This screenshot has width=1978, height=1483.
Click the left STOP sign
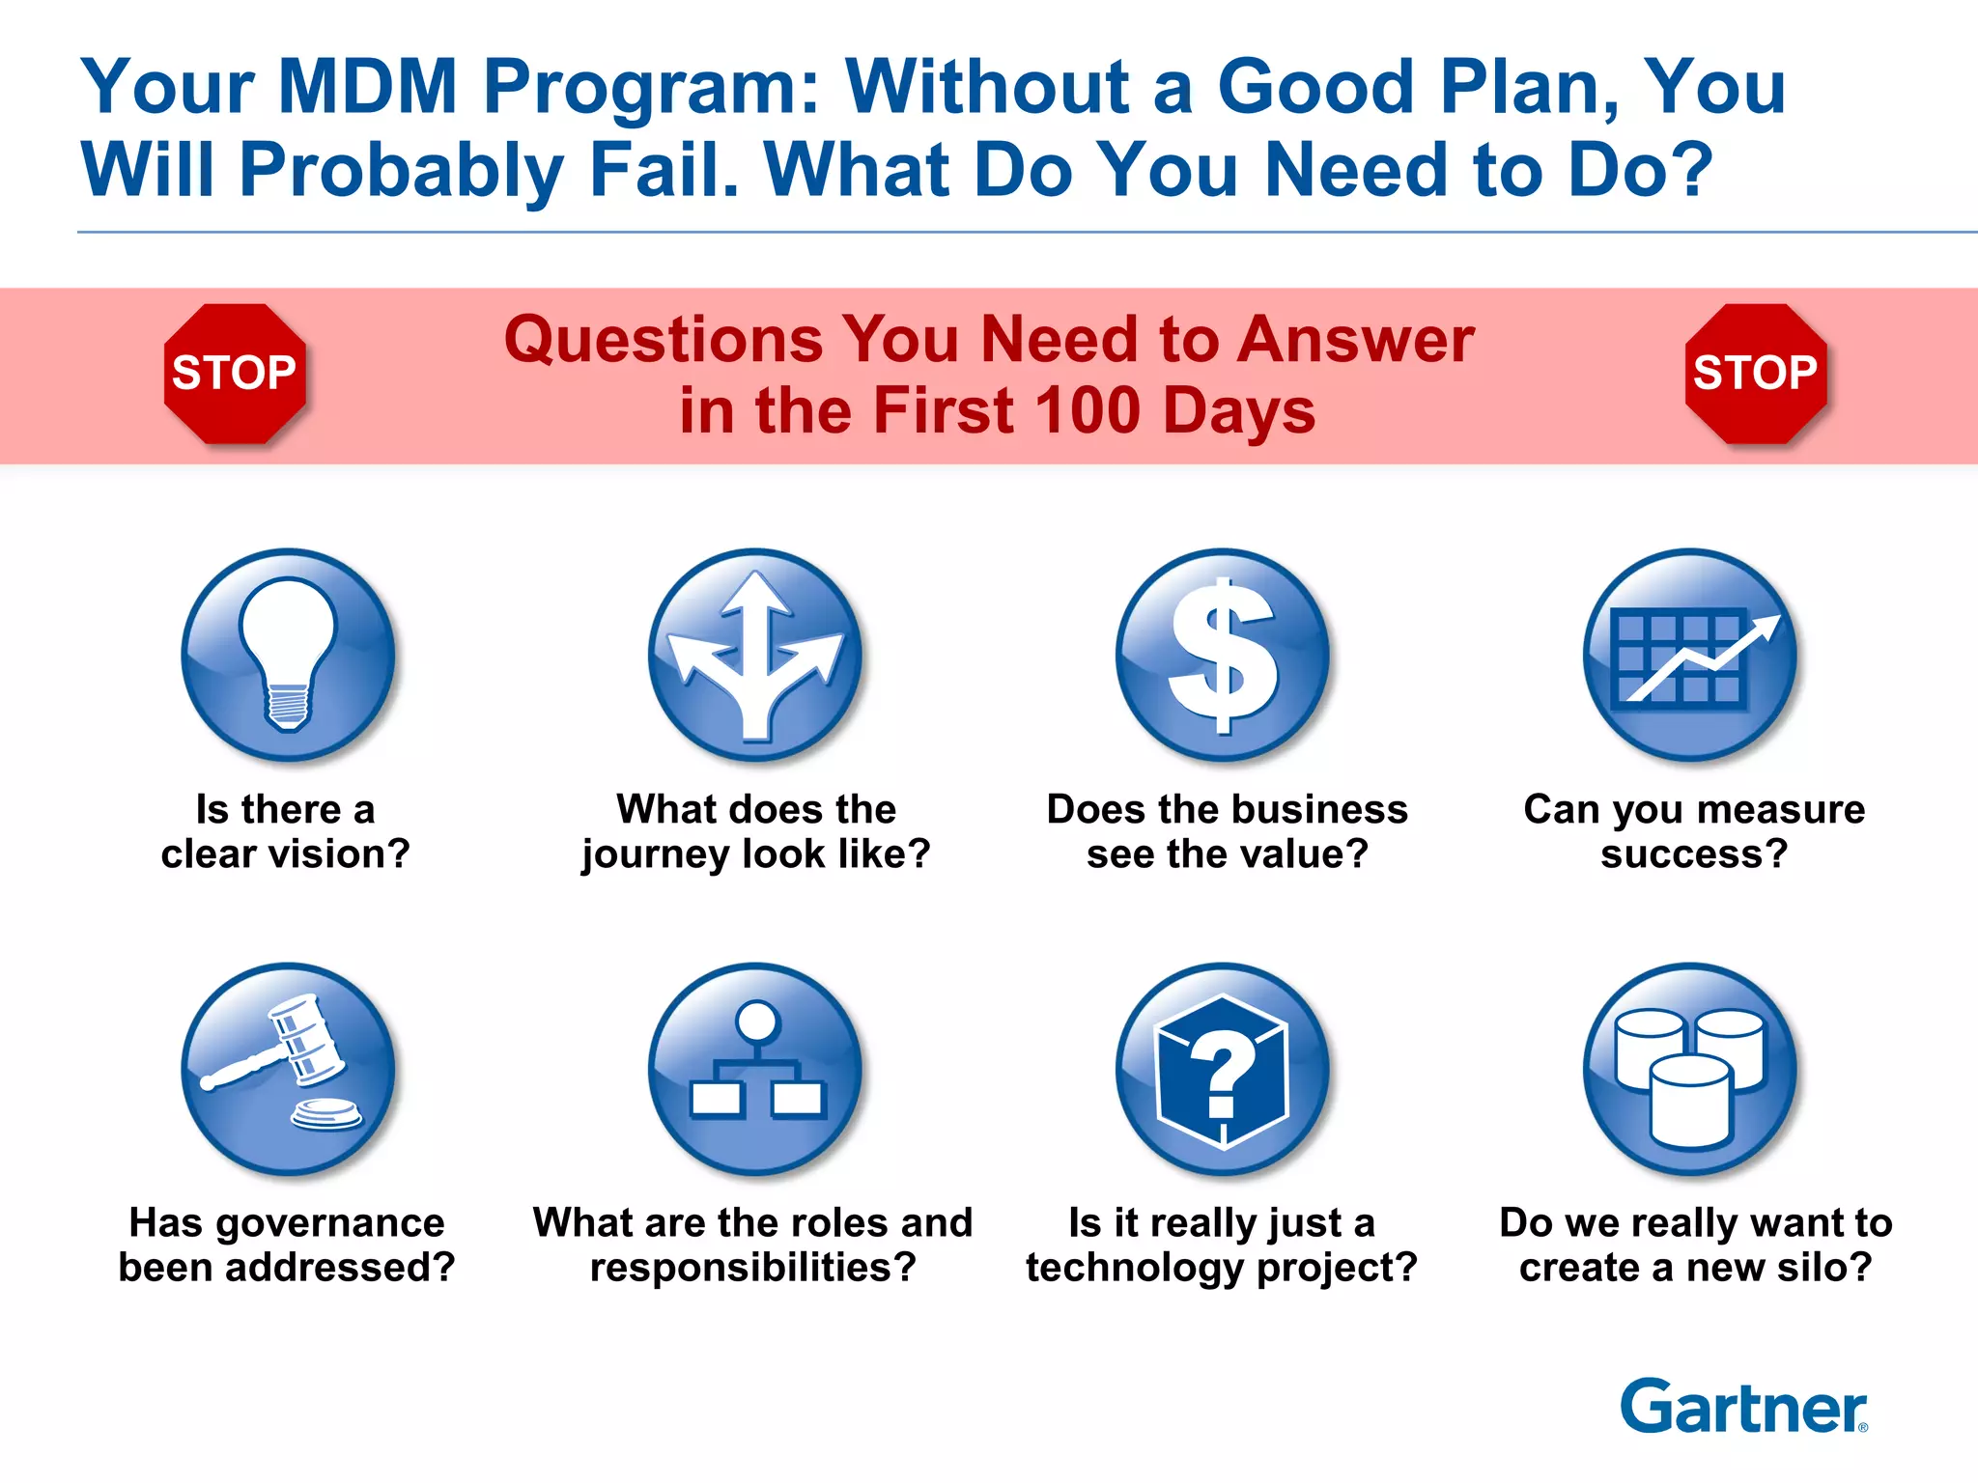[235, 374]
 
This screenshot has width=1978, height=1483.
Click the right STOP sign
[1755, 374]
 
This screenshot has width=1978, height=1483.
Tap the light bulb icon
[288, 656]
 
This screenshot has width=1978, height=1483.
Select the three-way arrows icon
[755, 656]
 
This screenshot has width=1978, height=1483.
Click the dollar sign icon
[1223, 656]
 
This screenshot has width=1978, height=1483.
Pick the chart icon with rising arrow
[1690, 656]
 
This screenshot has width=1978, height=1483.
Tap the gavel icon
[288, 1069]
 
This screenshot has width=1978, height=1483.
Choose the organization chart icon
[755, 1069]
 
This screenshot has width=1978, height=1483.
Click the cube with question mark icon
[1223, 1069]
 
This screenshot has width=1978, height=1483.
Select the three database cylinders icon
[1690, 1069]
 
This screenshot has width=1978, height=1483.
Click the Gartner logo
[1743, 1407]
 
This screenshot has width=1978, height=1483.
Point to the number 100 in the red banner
[1090, 410]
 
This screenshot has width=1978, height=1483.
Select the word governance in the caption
[329, 1223]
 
